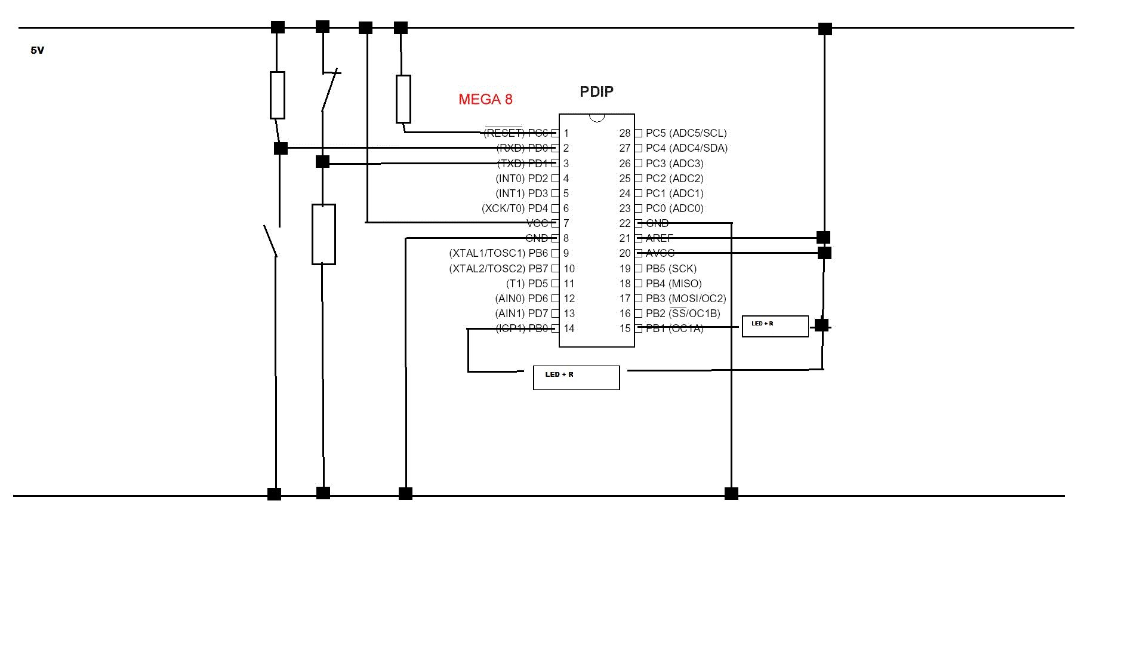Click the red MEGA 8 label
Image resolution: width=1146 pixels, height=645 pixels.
(485, 99)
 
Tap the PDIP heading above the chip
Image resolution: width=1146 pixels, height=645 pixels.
(596, 91)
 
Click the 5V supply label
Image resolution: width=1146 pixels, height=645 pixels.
(37, 51)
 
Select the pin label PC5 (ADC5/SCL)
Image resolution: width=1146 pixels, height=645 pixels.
(686, 133)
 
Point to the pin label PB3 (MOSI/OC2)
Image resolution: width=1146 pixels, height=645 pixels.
(686, 299)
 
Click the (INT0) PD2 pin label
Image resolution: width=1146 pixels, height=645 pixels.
(522, 179)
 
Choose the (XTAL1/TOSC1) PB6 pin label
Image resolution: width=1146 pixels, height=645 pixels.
(498, 253)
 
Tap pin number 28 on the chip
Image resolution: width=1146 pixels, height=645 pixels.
(624, 133)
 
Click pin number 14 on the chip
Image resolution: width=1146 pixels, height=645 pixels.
(569, 328)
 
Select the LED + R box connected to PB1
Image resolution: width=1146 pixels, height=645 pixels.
(775, 327)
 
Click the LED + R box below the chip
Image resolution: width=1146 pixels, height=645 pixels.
(576, 377)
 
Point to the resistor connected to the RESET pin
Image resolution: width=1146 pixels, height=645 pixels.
(403, 99)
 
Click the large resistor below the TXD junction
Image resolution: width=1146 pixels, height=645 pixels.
(324, 234)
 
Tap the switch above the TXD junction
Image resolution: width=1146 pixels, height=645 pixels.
(329, 90)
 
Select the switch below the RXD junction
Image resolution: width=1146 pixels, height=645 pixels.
(271, 241)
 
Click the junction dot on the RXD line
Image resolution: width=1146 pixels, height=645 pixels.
(281, 148)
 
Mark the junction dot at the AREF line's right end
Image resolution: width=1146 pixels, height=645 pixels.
(823, 238)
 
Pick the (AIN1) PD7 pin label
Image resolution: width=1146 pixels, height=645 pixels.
(521, 314)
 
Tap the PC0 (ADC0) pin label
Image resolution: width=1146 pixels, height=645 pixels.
(674, 208)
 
